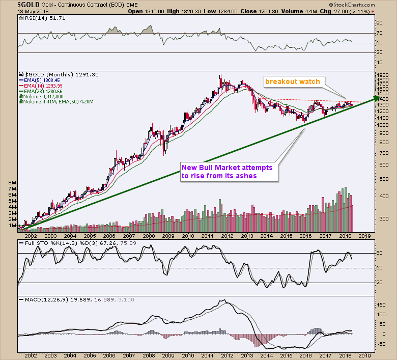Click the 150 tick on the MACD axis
pos(380,305)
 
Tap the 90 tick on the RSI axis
pos(378,23)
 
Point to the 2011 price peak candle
pos(220,76)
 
